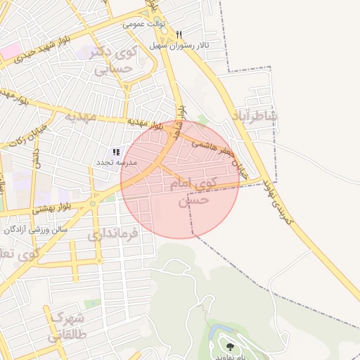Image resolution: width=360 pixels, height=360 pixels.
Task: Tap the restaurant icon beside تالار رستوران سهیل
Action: point(180,34)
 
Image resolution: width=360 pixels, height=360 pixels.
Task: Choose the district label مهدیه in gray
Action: point(80,116)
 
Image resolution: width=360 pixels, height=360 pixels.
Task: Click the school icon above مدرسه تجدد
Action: point(116,151)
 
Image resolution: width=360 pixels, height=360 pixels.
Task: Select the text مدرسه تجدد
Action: point(117,162)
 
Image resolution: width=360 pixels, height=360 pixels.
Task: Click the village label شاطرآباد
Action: point(254,116)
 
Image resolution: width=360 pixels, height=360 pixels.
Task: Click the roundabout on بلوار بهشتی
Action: point(93,204)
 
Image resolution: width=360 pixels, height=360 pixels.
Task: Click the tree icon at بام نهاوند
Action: point(229,346)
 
